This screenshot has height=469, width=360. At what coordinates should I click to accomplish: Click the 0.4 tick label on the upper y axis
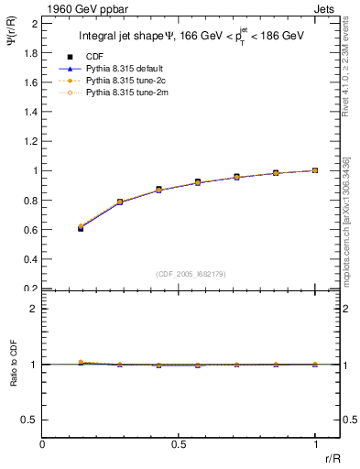tap(31, 259)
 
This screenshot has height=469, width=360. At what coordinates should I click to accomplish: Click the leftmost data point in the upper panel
tap(81, 227)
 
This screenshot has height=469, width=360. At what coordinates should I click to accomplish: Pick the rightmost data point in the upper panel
tap(315, 170)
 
